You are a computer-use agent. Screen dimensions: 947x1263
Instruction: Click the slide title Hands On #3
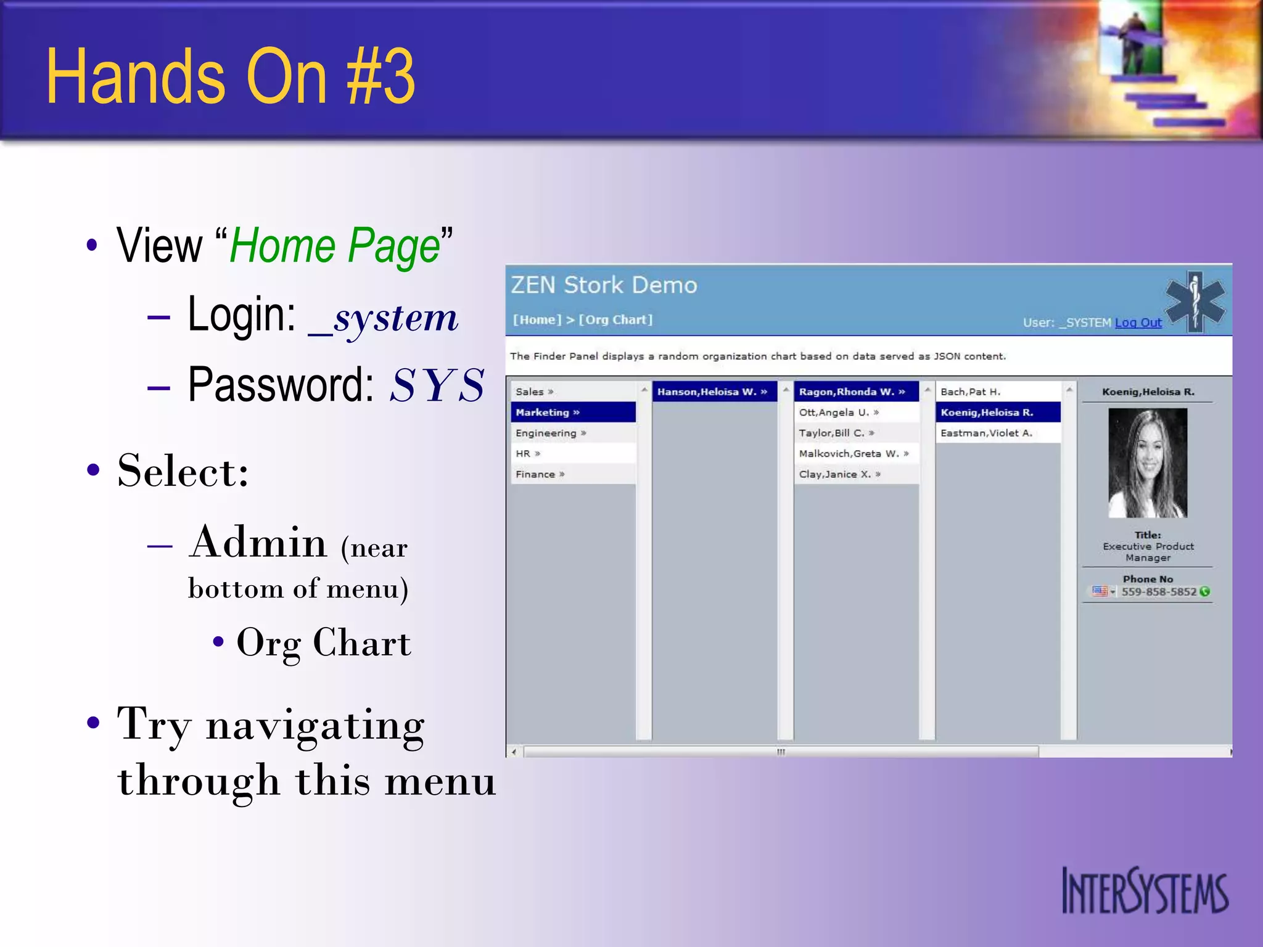pyautogui.click(x=231, y=76)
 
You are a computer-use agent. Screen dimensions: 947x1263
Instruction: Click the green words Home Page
pyautogui.click(x=334, y=245)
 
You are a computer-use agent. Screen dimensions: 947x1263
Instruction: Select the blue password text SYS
pyautogui.click(x=437, y=386)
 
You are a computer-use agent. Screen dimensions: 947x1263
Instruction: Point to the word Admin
pyautogui.click(x=258, y=543)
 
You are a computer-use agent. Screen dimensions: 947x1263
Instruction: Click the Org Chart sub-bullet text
pyautogui.click(x=323, y=643)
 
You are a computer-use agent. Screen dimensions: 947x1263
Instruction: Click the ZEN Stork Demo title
pyautogui.click(x=604, y=285)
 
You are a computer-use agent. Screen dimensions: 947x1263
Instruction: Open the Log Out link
pyautogui.click(x=1138, y=322)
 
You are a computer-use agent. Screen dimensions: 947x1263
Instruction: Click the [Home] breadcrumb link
pyautogui.click(x=537, y=320)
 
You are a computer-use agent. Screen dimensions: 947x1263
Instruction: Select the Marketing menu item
pyautogui.click(x=543, y=412)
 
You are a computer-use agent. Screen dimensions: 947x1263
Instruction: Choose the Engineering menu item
pyautogui.click(x=546, y=433)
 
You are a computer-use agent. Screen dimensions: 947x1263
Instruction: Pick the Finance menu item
pyautogui.click(x=535, y=474)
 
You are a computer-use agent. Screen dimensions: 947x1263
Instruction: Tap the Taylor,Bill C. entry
pyautogui.click(x=832, y=433)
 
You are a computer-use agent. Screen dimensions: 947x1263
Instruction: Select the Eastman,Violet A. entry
pyautogui.click(x=985, y=433)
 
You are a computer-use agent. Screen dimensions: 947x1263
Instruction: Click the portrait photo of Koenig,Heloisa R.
pyautogui.click(x=1147, y=462)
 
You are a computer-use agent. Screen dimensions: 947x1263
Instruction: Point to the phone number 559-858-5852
pyautogui.click(x=1158, y=592)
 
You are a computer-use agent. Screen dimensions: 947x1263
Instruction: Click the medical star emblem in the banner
pyautogui.click(x=1195, y=301)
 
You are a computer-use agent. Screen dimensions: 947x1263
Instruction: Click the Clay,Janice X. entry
pyautogui.click(x=835, y=474)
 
